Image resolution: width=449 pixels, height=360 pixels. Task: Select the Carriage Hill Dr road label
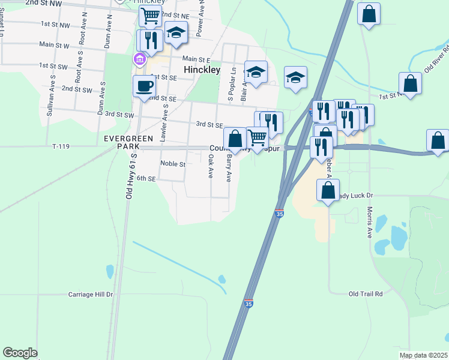91,295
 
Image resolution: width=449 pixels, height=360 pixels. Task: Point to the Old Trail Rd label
366,294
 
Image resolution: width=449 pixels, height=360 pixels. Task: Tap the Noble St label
172,163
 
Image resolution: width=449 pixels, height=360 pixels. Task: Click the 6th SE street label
146,178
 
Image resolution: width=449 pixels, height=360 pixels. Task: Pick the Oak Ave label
211,166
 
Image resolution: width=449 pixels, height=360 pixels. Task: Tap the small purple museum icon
139,59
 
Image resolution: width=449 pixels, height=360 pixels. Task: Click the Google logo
20,352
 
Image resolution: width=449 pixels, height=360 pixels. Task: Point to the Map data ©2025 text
423,355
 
